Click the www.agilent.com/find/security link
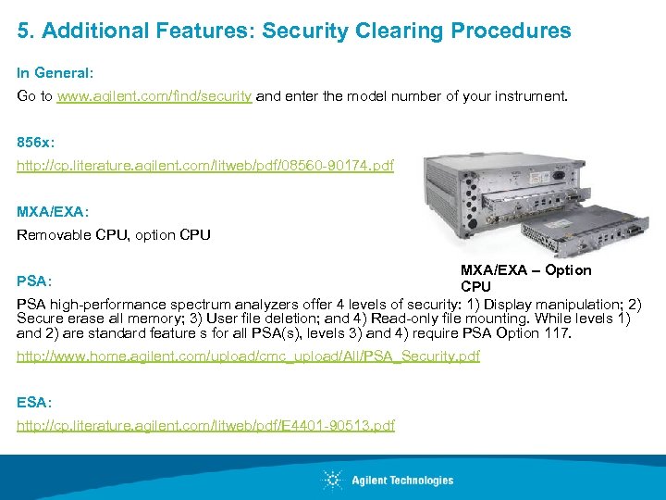point(154,95)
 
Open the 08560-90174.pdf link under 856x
point(205,166)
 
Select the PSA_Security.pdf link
point(248,356)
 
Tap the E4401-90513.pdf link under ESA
point(206,425)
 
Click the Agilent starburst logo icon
point(333,480)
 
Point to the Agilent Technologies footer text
point(402,480)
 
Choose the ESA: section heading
point(33,403)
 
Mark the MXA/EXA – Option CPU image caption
point(525,278)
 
